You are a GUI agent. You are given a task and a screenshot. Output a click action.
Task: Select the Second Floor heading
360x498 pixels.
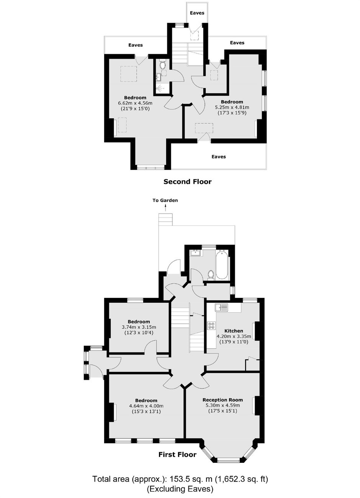[187, 182]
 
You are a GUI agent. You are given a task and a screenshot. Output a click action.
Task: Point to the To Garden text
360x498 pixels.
[165, 200]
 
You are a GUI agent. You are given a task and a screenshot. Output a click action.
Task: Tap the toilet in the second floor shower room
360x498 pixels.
[163, 65]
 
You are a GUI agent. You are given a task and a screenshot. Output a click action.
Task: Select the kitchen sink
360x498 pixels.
[221, 308]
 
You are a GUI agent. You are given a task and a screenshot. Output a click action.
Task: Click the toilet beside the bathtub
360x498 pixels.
[211, 275]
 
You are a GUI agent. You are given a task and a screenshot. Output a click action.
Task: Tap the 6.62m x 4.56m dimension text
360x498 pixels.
[135, 103]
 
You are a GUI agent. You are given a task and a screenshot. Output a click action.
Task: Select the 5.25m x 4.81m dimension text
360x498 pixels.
[232, 108]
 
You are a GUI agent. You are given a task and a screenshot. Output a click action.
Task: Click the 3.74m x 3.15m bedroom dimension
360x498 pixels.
[139, 327]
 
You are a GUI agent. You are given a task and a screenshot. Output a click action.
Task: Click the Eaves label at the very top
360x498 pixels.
[197, 13]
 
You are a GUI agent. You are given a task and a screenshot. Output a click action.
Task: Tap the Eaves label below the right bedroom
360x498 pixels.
[219, 157]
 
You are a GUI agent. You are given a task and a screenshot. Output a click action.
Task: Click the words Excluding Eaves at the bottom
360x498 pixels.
[180, 487]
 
